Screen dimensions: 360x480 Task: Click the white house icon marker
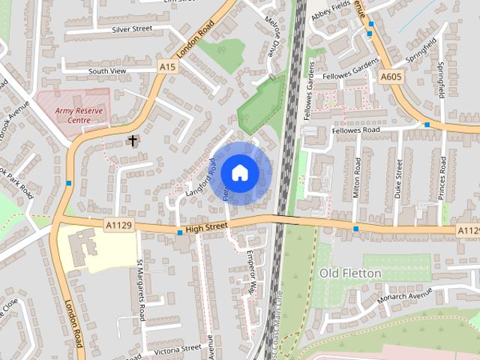(239, 172)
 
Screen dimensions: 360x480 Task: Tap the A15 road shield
(169, 67)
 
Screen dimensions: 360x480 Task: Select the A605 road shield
(391, 76)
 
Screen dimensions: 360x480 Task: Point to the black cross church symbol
(133, 140)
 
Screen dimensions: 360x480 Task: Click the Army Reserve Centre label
(82, 115)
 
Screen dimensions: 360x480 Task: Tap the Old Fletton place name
(350, 273)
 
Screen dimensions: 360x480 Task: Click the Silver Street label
(131, 29)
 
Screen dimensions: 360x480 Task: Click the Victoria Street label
(177, 349)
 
